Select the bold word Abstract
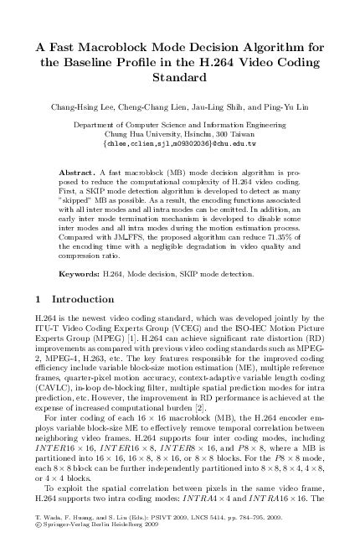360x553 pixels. click(78, 173)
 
